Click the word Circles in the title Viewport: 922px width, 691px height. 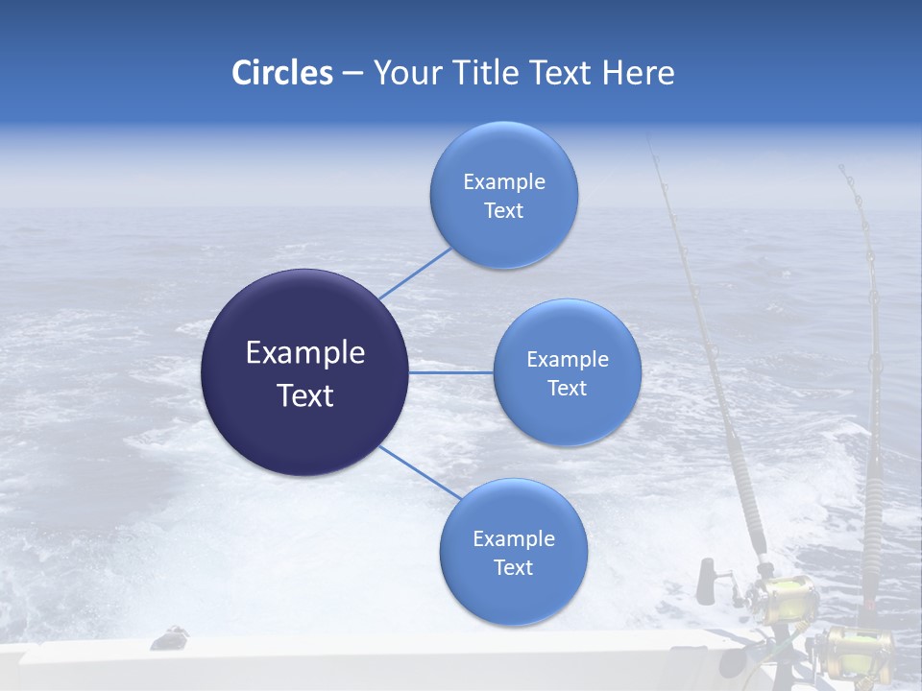point(281,73)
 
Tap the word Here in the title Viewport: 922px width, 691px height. point(638,73)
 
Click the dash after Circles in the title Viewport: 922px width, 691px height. point(352,74)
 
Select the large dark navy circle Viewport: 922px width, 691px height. point(305,372)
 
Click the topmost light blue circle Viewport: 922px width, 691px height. point(503,195)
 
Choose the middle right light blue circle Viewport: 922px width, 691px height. point(567,372)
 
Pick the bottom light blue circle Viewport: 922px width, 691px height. point(513,552)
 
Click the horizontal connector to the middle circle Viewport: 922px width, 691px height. point(451,372)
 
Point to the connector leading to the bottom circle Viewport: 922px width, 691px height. point(419,471)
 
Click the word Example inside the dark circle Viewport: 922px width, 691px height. point(305,352)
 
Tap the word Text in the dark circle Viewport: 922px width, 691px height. point(305,395)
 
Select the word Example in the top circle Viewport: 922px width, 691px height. point(503,181)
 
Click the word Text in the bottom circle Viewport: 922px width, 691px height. point(513,567)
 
